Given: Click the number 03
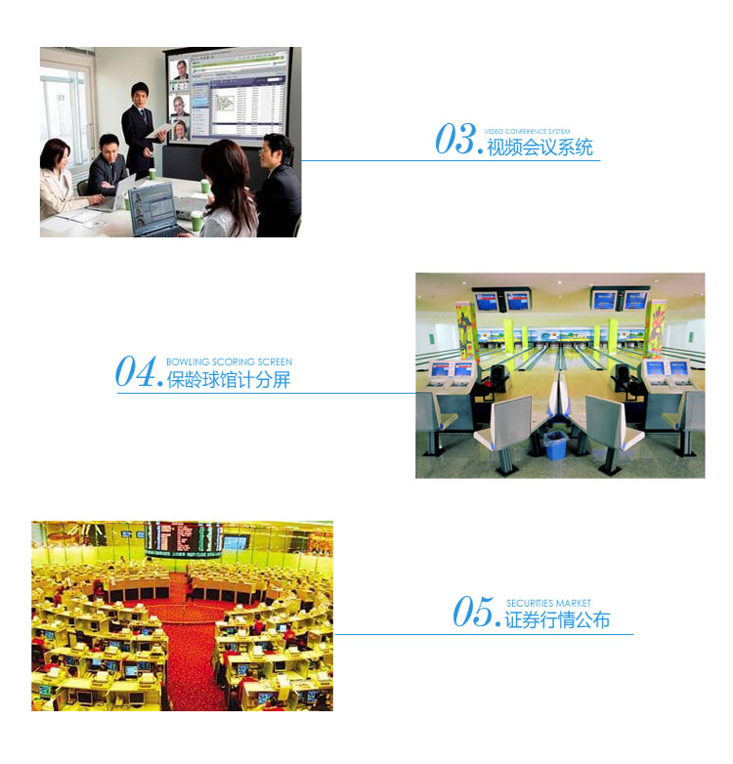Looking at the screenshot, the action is click(x=454, y=139).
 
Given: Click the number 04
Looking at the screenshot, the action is click(x=136, y=371).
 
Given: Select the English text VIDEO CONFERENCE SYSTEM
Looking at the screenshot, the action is click(x=527, y=131).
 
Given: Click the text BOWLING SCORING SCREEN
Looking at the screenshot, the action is click(x=229, y=361).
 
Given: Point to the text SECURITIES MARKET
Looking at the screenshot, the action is click(x=548, y=603).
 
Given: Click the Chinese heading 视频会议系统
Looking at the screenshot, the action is click(x=539, y=148).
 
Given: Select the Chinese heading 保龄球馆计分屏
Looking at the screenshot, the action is click(x=229, y=380).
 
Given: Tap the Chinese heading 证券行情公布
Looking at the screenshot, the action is click(x=557, y=619).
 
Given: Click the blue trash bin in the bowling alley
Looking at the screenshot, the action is click(x=555, y=445).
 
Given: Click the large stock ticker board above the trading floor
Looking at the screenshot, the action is click(x=184, y=538).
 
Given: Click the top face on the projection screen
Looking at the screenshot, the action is click(x=182, y=69).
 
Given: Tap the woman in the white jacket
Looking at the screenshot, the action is click(x=58, y=182).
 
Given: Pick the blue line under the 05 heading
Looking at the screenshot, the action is click(x=485, y=634).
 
